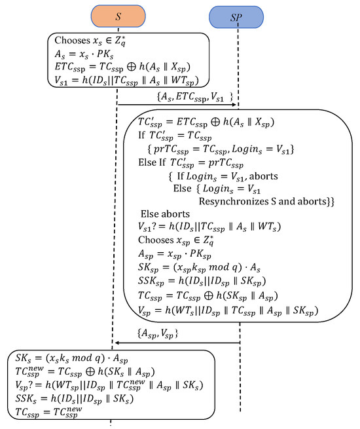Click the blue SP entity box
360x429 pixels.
[236, 18]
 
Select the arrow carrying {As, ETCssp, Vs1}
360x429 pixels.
[177, 103]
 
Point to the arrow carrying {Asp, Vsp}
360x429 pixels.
[177, 342]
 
